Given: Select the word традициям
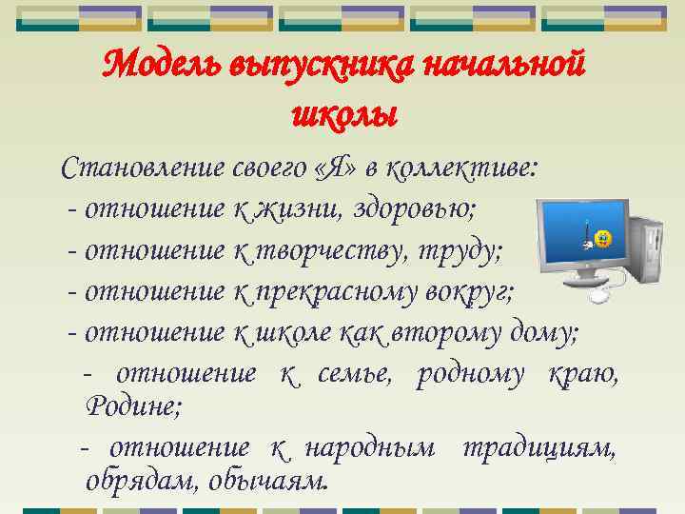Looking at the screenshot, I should pyautogui.click(x=538, y=446).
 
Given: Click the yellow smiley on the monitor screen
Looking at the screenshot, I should pyautogui.click(x=602, y=235).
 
